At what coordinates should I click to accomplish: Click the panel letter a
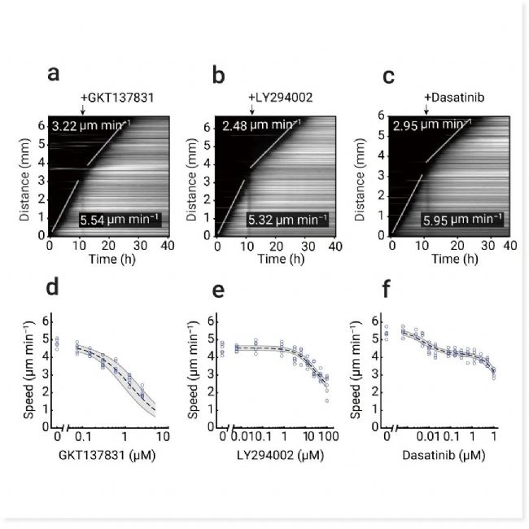coord(54,73)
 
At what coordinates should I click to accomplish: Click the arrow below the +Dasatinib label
coord(426,110)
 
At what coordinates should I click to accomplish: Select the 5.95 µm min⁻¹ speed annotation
coord(460,220)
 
